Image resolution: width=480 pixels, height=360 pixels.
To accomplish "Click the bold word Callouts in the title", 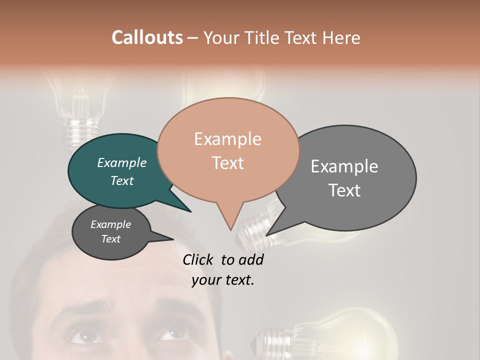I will point(147,37).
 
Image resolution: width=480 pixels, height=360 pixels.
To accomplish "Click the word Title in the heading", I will point(263,37).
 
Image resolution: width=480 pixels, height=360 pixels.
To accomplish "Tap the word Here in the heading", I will point(342,37).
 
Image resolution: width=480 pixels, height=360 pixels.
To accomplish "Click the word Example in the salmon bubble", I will point(228,139).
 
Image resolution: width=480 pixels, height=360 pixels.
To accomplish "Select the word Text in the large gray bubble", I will point(344,190).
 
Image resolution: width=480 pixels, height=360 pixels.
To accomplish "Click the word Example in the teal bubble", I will point(122,162).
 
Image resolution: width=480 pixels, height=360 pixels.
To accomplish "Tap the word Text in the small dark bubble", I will point(111,239).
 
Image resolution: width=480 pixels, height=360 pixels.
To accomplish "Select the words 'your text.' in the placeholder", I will point(223,280).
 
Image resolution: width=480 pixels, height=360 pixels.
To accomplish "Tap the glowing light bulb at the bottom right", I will point(345,335).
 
